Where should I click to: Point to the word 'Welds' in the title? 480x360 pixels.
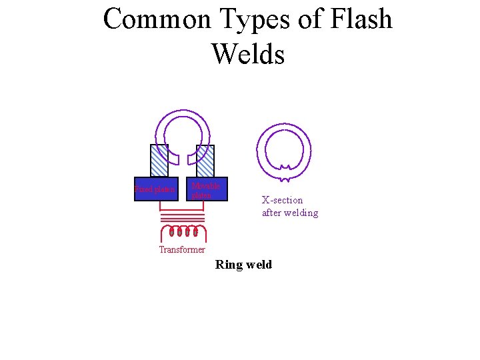[248, 53]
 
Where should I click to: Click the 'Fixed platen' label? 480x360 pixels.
[155, 189]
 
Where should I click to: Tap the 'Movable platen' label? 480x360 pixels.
[205, 190]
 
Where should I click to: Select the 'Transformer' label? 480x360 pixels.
[182, 249]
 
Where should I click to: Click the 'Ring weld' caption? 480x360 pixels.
[243, 265]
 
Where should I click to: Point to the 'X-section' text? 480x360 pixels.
[282, 200]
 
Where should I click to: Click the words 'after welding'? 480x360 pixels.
[290, 213]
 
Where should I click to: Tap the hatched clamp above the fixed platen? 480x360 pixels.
[159, 161]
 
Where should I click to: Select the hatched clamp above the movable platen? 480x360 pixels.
[205, 161]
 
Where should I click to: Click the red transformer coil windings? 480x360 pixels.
[183, 232]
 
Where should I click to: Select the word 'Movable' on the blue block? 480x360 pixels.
[205, 185]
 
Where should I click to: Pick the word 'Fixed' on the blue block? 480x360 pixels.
[143, 189]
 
